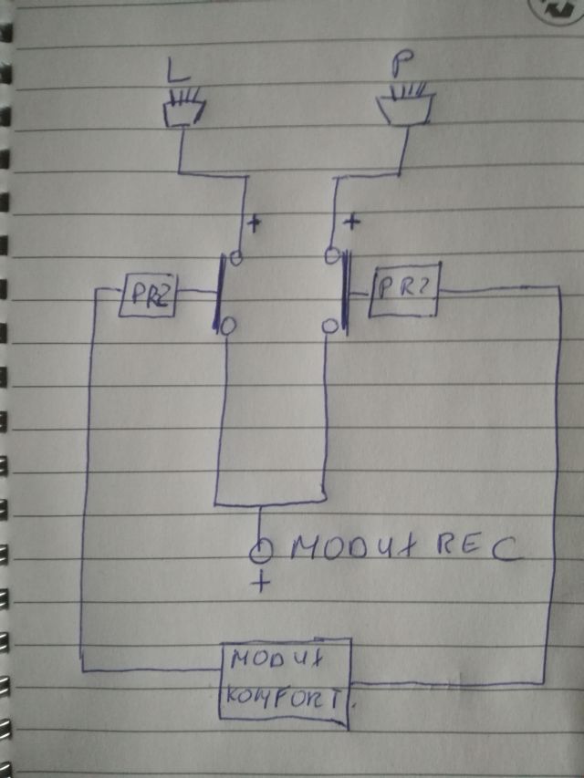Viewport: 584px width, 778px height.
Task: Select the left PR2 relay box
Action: tap(145, 297)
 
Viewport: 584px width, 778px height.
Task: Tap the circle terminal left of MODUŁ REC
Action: tap(261, 550)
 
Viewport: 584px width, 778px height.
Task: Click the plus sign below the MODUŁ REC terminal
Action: tap(263, 583)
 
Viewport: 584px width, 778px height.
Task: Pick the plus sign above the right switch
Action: tap(351, 222)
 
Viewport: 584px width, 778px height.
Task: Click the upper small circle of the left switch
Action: tap(235, 258)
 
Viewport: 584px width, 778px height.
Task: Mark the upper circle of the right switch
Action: tap(335, 254)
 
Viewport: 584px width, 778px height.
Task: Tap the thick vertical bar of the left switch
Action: tap(220, 294)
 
